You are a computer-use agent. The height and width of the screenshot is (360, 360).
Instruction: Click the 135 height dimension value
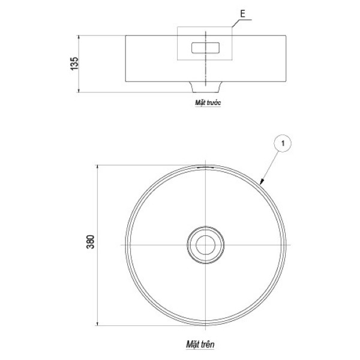click(x=74, y=64)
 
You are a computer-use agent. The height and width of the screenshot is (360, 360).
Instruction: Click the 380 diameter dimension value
click(x=90, y=242)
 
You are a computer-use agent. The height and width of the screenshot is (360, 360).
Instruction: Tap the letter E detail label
click(x=242, y=14)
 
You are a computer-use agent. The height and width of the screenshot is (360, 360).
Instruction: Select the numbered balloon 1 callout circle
click(x=283, y=143)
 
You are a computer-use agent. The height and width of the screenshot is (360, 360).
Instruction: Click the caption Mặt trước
click(x=208, y=103)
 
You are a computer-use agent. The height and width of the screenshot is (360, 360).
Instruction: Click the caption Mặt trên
click(x=200, y=344)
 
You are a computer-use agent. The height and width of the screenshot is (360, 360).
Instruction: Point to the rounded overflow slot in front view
click(x=205, y=48)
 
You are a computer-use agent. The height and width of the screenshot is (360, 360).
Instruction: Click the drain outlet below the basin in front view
click(x=205, y=87)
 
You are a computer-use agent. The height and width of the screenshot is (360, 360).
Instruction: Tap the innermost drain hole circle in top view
click(x=205, y=245)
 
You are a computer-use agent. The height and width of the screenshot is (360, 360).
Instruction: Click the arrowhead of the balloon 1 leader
click(x=261, y=182)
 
